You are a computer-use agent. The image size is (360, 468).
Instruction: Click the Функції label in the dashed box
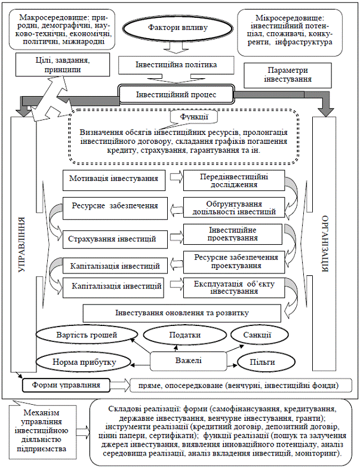(x=189, y=117)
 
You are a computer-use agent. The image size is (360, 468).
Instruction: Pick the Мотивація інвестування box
(x=113, y=178)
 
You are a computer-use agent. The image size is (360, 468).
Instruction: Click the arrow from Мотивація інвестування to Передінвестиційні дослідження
(x=174, y=177)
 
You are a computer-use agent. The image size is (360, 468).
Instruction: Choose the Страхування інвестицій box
(x=113, y=239)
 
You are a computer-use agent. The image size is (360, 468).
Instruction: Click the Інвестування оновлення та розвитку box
(x=181, y=312)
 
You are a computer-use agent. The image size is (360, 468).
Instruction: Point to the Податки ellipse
(x=184, y=335)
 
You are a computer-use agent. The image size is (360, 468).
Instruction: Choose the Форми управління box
(x=66, y=384)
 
